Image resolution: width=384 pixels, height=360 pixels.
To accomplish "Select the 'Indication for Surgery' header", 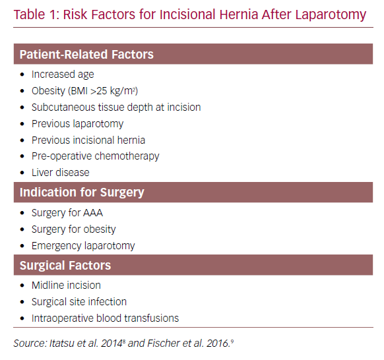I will click(82, 193).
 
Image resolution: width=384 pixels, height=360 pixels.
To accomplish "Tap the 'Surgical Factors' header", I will click(65, 266).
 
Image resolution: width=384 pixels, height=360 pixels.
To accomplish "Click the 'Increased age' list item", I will click(63, 75).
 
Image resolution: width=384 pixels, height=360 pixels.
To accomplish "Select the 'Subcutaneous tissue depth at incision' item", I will click(115, 107).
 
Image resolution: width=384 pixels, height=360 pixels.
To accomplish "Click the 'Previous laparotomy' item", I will click(77, 123).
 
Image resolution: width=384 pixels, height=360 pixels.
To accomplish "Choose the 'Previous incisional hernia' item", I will click(88, 140).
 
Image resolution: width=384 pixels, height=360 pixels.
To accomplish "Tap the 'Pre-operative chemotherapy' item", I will click(95, 156).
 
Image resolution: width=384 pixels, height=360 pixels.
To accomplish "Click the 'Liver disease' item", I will click(60, 173).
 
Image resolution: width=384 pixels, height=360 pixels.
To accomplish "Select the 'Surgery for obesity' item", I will click(73, 229).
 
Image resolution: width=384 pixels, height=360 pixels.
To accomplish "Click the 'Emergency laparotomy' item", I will click(83, 246).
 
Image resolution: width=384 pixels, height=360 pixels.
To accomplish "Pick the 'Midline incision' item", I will click(66, 285).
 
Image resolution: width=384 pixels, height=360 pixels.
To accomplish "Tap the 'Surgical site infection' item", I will click(79, 302).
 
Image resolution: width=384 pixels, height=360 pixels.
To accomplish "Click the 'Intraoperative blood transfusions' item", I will click(105, 318).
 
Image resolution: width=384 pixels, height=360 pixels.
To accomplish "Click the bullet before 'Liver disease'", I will click(22, 173).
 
